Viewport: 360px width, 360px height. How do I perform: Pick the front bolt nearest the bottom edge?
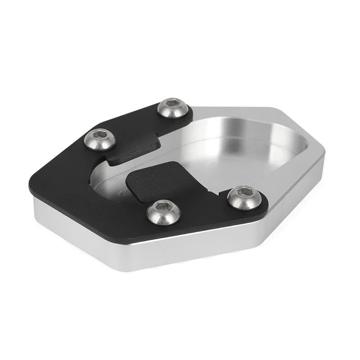(163, 211)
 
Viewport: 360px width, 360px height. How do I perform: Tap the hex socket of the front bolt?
(163, 207)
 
